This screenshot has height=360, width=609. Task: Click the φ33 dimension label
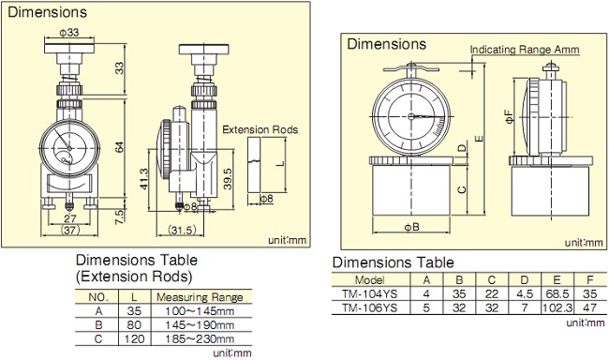pos(69,32)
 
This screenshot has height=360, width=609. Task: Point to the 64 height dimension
pos(120,147)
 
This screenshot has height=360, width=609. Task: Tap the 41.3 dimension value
pos(144,179)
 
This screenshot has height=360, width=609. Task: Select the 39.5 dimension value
pos(228,178)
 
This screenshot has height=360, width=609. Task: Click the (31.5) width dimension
pos(182,230)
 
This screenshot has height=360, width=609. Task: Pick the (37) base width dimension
pos(70,230)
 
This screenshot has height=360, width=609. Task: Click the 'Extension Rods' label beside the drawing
pos(260,129)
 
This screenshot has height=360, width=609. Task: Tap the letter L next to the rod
pos(282,163)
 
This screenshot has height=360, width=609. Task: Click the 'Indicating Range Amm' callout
pos(525,50)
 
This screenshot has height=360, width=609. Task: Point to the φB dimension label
pos(412,227)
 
